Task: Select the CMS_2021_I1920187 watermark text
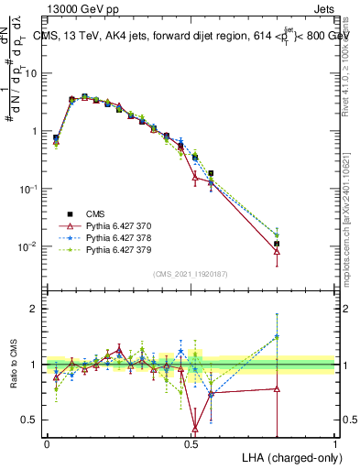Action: point(191,274)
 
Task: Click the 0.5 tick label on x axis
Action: point(191,443)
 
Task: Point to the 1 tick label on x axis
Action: point(335,443)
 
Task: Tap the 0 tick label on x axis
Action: point(47,443)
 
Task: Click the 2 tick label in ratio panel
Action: point(32,309)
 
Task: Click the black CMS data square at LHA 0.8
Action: point(277,244)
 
